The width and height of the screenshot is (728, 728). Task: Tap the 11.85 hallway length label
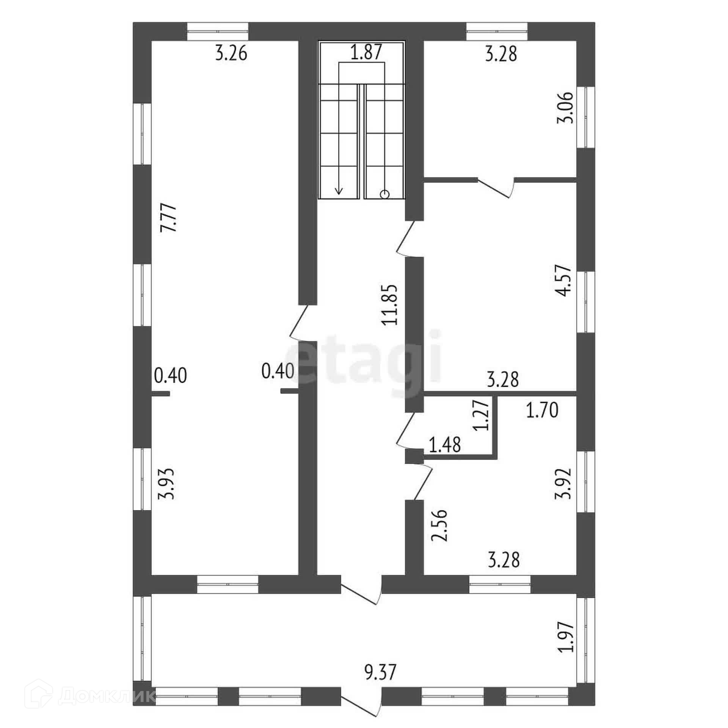tap(390, 304)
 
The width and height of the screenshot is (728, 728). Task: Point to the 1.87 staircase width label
tap(366, 52)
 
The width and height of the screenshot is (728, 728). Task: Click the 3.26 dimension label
tap(231, 53)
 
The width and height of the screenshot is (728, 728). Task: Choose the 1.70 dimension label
tap(542, 411)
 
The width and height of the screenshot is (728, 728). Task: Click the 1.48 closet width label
tap(444, 445)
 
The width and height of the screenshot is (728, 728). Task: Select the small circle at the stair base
tap(384, 195)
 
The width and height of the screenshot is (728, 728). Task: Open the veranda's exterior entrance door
tap(360, 708)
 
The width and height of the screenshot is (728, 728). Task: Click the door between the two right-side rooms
tap(495, 187)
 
